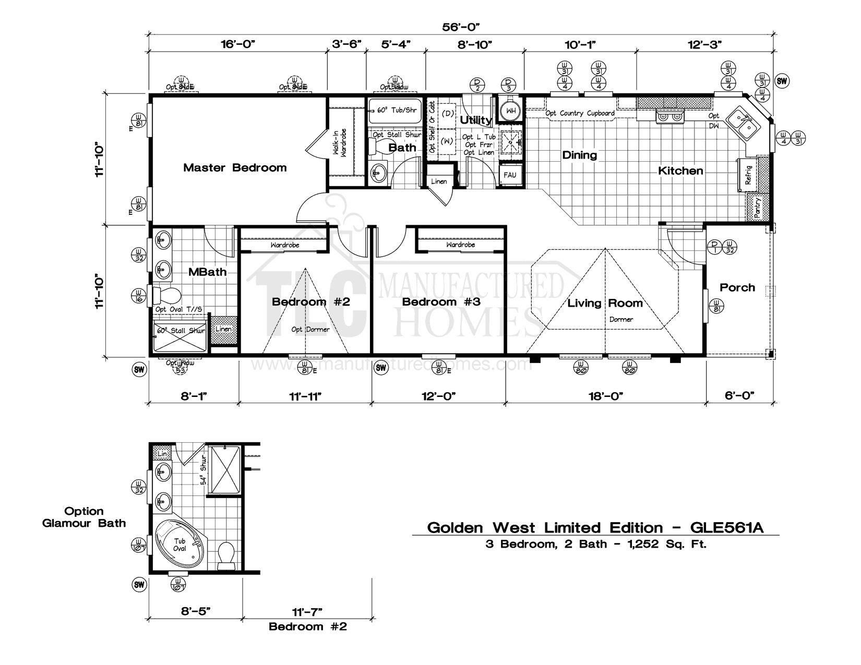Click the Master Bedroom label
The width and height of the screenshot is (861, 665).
click(x=235, y=168)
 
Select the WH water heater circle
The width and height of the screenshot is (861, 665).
click(x=511, y=111)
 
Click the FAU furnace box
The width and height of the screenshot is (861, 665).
click(x=510, y=175)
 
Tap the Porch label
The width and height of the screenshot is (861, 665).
click(x=737, y=287)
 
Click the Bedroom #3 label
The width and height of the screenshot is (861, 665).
click(x=441, y=302)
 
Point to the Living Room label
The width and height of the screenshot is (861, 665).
click(x=605, y=303)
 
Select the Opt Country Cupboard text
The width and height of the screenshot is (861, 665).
click(x=580, y=113)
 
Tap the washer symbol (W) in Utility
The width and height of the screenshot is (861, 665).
click(x=447, y=141)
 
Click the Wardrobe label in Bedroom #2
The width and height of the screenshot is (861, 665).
click(x=284, y=245)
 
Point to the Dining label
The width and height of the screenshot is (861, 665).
click(x=579, y=155)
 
